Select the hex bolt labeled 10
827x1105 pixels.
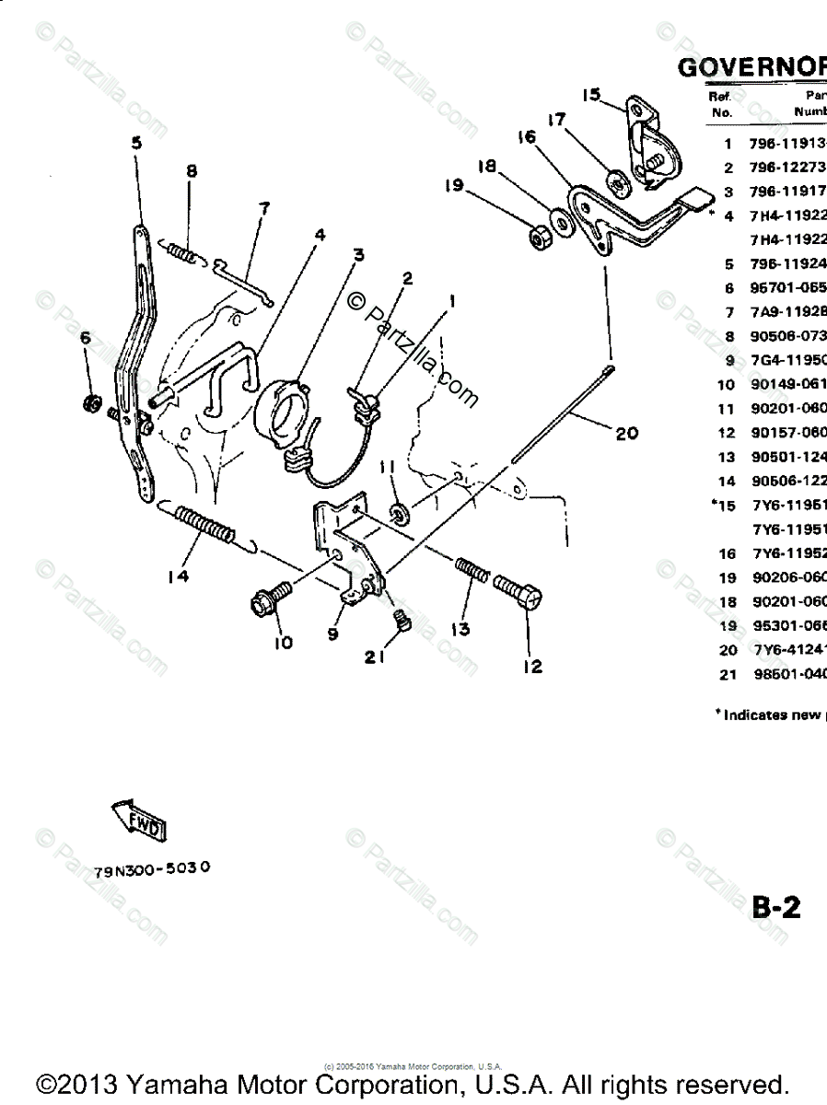click(269, 600)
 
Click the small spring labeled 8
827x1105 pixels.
click(183, 250)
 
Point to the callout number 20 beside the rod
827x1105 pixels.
click(628, 432)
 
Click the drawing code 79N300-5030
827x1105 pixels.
click(153, 869)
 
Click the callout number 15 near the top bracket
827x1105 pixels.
click(591, 94)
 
